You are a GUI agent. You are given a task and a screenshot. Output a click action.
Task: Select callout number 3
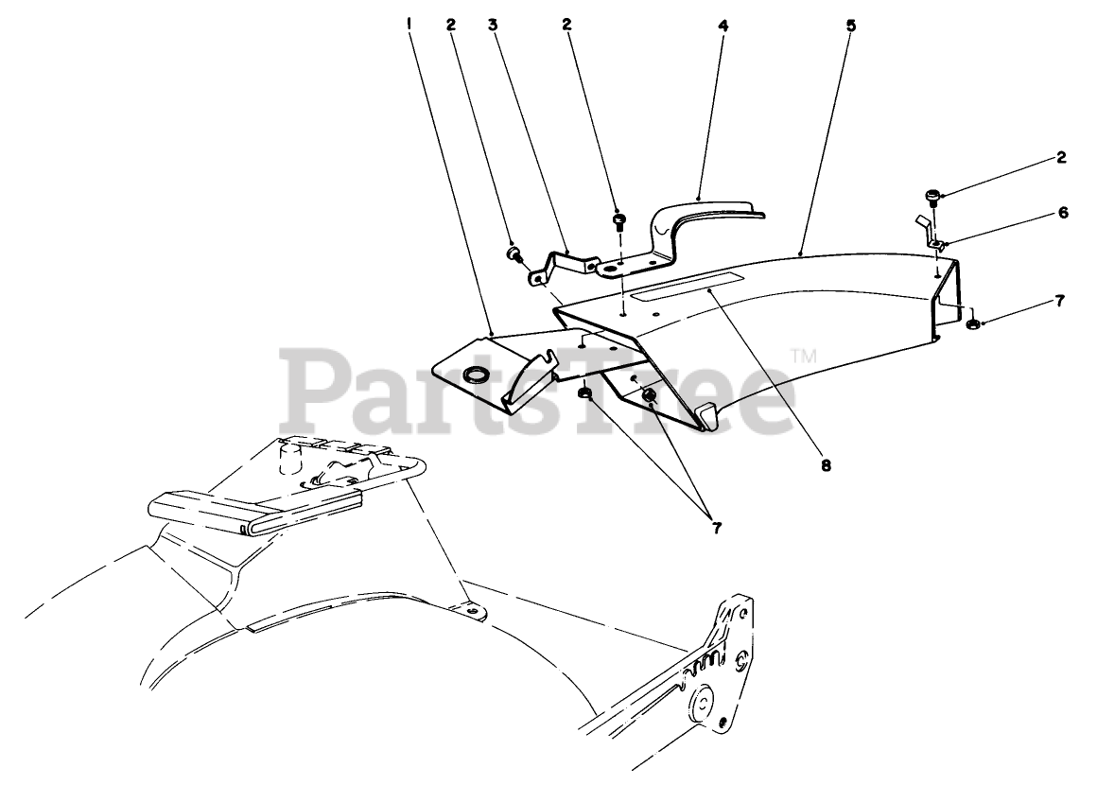click(493, 26)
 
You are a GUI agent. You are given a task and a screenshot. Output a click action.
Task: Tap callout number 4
click(723, 26)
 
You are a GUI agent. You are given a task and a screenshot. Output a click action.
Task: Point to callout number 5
click(850, 26)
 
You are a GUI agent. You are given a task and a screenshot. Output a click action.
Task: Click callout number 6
click(1062, 214)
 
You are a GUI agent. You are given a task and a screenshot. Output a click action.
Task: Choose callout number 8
click(826, 465)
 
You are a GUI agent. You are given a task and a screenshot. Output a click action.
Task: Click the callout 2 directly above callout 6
click(1062, 158)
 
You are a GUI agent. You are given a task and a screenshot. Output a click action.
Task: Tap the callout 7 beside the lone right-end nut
click(1061, 302)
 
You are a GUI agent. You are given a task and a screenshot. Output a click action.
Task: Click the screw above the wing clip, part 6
click(932, 199)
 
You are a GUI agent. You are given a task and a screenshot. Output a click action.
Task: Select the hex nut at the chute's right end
click(971, 324)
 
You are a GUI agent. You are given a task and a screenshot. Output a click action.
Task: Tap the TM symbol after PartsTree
click(803, 357)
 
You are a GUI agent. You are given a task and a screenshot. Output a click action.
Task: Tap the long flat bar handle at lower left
click(219, 515)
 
